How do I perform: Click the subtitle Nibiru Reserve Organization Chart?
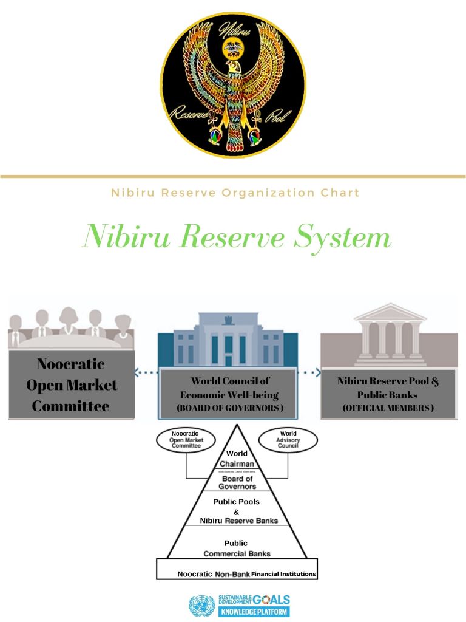point(235,193)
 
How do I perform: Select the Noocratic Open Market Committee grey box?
point(71,384)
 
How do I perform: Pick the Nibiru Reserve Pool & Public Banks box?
point(388,394)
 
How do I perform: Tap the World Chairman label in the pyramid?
point(237,459)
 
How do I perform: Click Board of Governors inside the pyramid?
point(237,482)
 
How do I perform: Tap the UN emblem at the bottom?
point(201,606)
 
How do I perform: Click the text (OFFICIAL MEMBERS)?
point(388,408)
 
